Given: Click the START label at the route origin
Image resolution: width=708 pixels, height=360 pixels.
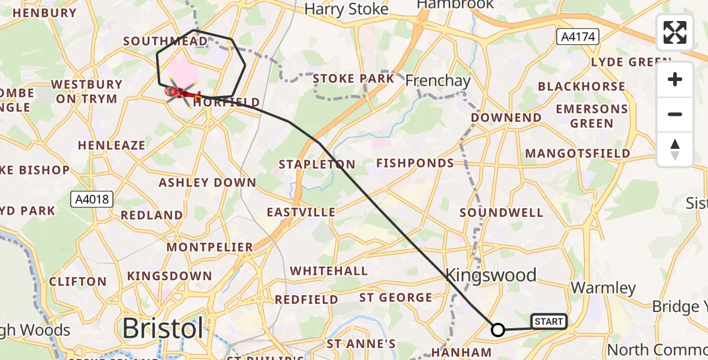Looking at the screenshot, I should pyautogui.click(x=548, y=322).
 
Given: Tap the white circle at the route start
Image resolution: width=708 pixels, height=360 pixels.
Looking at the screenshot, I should pyautogui.click(x=498, y=329).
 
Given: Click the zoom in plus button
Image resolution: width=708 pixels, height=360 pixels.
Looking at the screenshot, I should pyautogui.click(x=675, y=79).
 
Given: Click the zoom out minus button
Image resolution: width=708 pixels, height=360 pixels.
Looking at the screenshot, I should pyautogui.click(x=675, y=114).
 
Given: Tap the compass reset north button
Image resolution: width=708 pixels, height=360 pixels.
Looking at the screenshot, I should pyautogui.click(x=675, y=149).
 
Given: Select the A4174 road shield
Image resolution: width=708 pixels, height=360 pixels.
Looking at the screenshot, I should pyautogui.click(x=578, y=37).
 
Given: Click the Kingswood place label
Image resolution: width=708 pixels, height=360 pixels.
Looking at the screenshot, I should pyautogui.click(x=491, y=275).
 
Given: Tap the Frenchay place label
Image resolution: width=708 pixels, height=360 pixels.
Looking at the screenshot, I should pyautogui.click(x=437, y=80).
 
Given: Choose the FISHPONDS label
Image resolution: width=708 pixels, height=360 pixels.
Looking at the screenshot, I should pyautogui.click(x=415, y=163).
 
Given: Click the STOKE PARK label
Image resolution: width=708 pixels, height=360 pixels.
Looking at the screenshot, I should pyautogui.click(x=353, y=79).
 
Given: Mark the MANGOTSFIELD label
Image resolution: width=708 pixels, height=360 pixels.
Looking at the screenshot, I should pyautogui.click(x=577, y=154).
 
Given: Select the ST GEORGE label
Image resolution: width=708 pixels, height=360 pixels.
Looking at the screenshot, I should pyautogui.click(x=395, y=298).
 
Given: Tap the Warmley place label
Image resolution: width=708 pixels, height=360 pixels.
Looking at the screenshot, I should pyautogui.click(x=603, y=287).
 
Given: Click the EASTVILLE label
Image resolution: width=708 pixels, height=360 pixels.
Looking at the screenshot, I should pyautogui.click(x=301, y=212).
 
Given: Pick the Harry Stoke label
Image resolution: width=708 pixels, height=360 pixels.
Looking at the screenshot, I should pyautogui.click(x=346, y=10).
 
